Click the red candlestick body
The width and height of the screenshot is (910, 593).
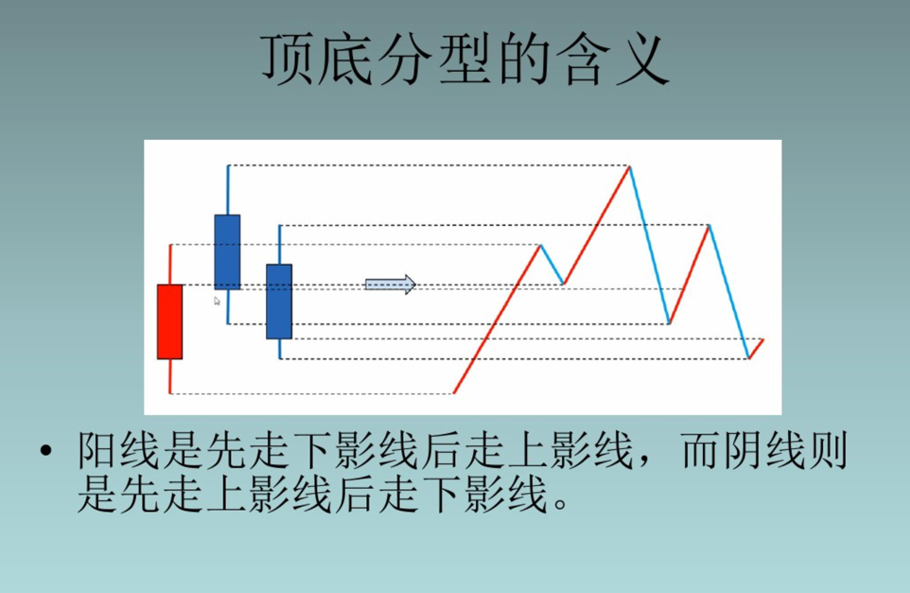[x=169, y=322]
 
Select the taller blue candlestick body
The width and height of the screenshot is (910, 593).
[x=227, y=252]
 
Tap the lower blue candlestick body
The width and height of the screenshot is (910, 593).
[x=279, y=301]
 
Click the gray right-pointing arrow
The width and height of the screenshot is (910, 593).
[x=390, y=284]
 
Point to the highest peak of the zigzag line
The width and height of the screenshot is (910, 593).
[x=629, y=167]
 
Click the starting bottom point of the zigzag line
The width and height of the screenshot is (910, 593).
[x=455, y=392]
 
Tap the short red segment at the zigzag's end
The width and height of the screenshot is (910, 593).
[x=757, y=348]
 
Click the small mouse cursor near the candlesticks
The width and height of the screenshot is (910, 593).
[x=217, y=301]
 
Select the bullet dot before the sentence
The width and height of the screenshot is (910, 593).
[x=45, y=453]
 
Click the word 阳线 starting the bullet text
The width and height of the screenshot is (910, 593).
[x=109, y=454]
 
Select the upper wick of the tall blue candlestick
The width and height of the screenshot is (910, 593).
[x=228, y=189]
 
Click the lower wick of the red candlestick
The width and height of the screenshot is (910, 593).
[x=170, y=375]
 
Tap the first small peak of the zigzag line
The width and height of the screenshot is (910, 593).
[x=540, y=246]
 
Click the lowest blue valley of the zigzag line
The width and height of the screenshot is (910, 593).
[x=748, y=358]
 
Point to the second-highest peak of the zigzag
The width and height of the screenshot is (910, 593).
[x=709, y=225]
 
